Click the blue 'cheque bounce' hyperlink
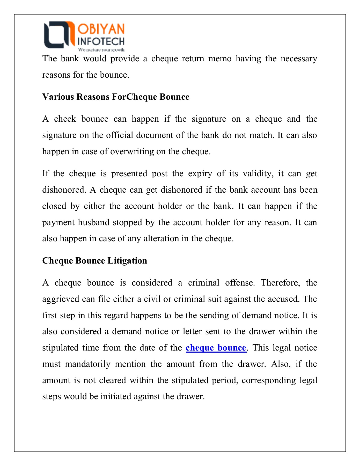(x=216, y=348)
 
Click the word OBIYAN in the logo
(x=101, y=29)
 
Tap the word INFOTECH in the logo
(x=101, y=41)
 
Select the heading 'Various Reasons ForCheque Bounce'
(x=116, y=97)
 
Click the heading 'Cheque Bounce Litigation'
(x=94, y=260)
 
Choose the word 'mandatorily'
(x=88, y=364)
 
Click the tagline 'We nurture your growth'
(x=101, y=49)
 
